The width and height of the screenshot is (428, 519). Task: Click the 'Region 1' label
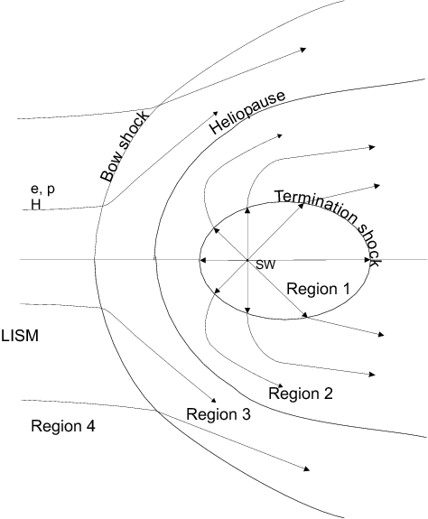pos(318,289)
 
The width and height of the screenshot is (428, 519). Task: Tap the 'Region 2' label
pos(300,394)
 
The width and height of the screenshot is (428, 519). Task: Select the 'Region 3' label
pos(219,414)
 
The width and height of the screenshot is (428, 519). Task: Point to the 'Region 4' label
pos(63,426)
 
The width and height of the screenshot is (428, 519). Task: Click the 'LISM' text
pos(20,336)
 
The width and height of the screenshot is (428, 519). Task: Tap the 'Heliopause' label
pos(247,112)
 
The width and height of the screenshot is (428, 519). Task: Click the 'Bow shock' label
pos(124,146)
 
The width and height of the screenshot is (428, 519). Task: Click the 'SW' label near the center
pos(265,264)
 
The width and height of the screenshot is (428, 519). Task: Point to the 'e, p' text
pos(42,189)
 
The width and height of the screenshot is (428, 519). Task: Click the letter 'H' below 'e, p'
pos(36,205)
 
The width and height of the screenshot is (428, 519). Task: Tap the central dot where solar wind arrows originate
pos(247,261)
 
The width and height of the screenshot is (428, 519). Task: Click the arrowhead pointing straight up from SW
pos(247,209)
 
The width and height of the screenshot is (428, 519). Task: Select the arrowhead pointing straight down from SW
pos(247,310)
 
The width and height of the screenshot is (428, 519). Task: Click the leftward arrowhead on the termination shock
pos(203,261)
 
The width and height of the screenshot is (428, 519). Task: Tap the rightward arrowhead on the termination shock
pos(367,260)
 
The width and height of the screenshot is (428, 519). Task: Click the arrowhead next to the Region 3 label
pos(213,400)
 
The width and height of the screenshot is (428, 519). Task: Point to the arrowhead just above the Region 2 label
pos(280,385)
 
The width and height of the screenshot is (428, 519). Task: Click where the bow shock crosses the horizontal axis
pos(95,260)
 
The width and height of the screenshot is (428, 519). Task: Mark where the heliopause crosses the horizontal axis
pos(155,260)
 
